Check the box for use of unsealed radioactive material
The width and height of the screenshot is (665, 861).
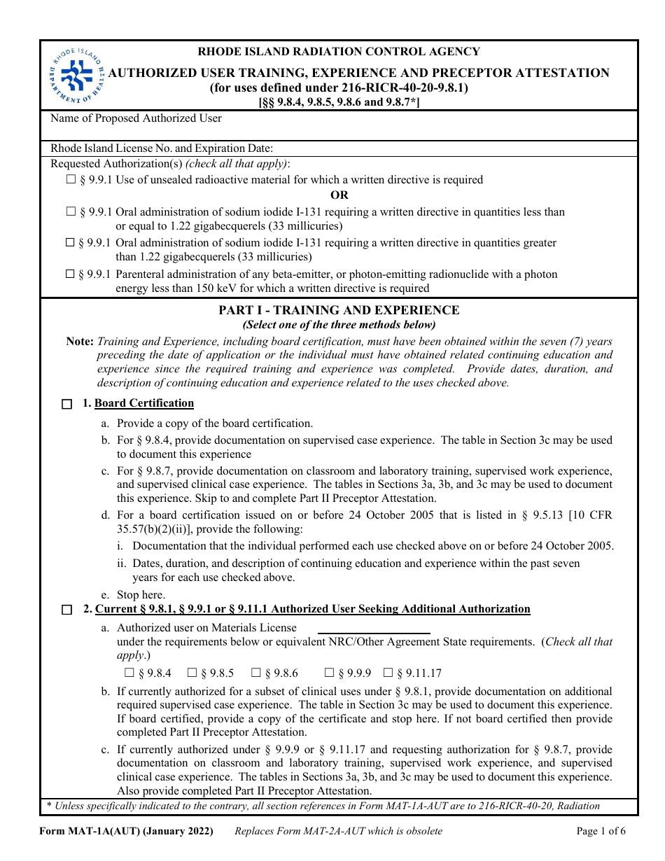coord(71,180)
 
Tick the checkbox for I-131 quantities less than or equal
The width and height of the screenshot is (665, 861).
coord(71,211)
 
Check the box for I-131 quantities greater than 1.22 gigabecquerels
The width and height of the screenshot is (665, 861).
coord(71,243)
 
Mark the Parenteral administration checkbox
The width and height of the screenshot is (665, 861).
coord(71,274)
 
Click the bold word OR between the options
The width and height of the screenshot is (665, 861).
coord(339,195)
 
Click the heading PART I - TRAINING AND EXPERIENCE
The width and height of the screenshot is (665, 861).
coord(339,310)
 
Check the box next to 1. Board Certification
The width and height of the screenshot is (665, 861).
coord(66,404)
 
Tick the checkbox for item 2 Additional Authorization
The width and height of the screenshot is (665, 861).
coord(66,610)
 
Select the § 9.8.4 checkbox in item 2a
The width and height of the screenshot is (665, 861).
coord(129,673)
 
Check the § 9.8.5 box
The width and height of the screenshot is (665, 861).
coord(192,673)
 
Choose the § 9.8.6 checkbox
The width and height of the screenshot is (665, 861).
coord(256,673)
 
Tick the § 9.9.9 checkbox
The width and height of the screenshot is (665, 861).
coord(329,673)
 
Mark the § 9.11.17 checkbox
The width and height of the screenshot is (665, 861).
coord(388,673)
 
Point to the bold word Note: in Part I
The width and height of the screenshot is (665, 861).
coord(80,342)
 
